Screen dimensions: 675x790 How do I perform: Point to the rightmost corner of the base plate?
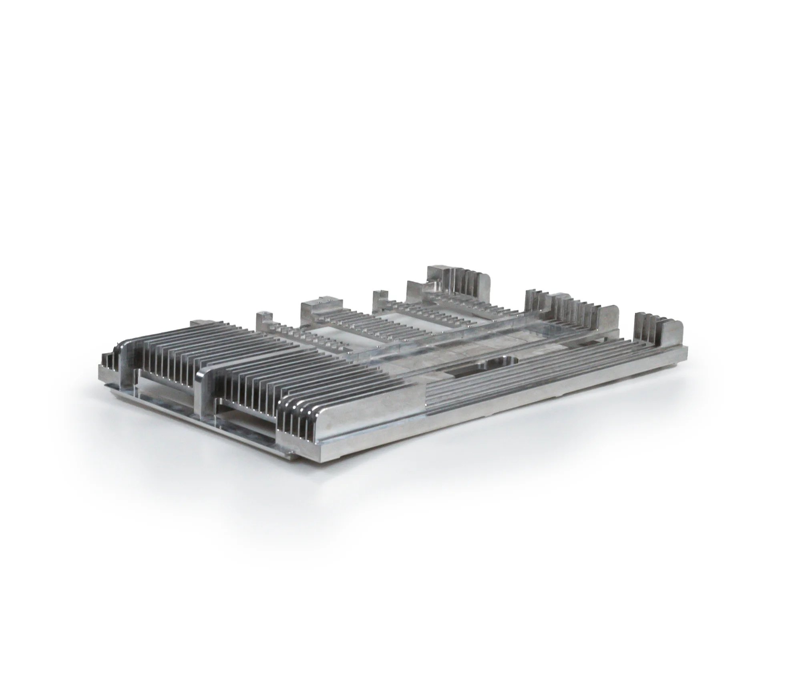pos(687,349)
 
